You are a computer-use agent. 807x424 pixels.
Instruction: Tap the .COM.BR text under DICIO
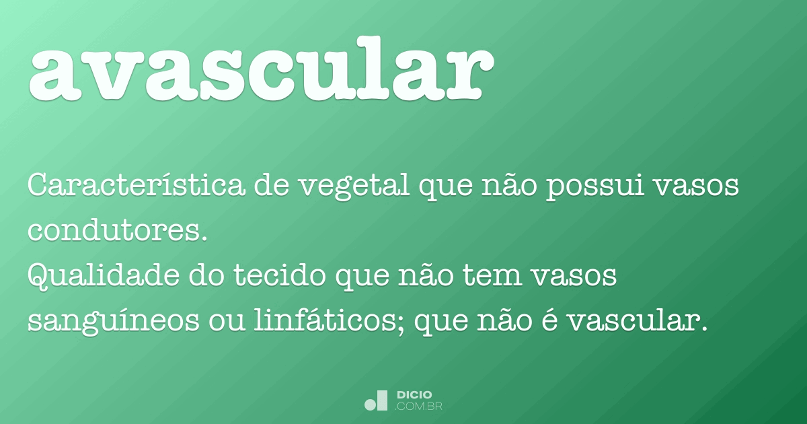[x=418, y=407]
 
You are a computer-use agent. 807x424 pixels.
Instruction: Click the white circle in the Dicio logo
[x=371, y=404]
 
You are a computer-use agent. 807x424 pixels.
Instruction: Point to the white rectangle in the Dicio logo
[x=383, y=400]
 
